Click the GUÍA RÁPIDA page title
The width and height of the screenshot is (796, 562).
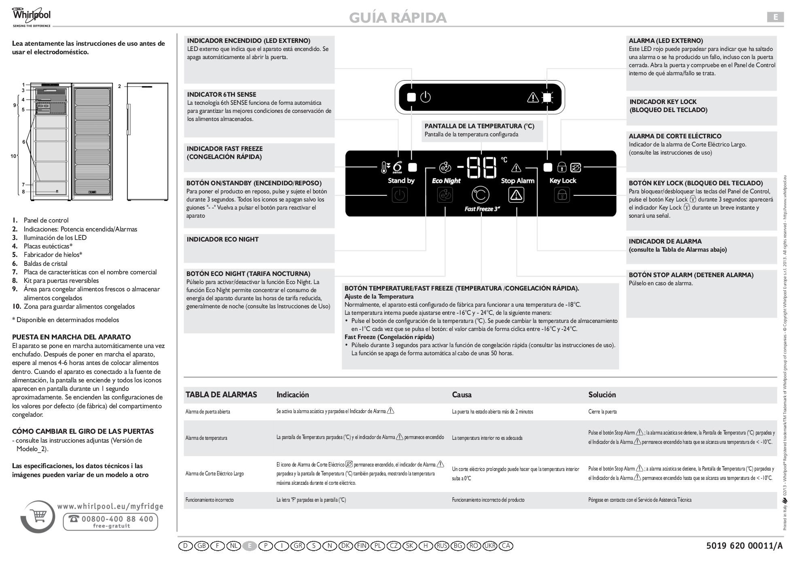(x=398, y=17)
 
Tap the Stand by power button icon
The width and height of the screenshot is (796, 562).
(x=400, y=195)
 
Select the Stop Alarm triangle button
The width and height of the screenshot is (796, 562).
(x=516, y=195)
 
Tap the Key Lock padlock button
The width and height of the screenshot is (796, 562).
(x=562, y=195)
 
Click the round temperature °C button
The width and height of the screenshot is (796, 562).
(x=481, y=195)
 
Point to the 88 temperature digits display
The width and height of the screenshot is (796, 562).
(x=481, y=167)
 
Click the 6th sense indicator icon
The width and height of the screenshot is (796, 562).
(x=397, y=167)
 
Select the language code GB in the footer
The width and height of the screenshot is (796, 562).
(x=201, y=546)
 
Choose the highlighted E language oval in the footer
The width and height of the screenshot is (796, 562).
(x=250, y=546)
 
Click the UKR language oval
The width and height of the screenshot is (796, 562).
(x=490, y=546)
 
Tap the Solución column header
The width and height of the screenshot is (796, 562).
(x=602, y=394)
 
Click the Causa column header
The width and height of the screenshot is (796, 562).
(x=462, y=394)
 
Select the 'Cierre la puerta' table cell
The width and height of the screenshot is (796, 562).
(x=602, y=412)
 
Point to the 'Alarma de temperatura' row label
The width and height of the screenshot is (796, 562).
(x=206, y=438)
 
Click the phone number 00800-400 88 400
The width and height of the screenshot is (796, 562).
(x=112, y=519)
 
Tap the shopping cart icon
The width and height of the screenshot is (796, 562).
(x=39, y=516)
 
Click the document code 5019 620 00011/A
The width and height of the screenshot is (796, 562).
(x=744, y=546)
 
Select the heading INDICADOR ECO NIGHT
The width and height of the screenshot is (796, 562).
(x=222, y=240)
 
